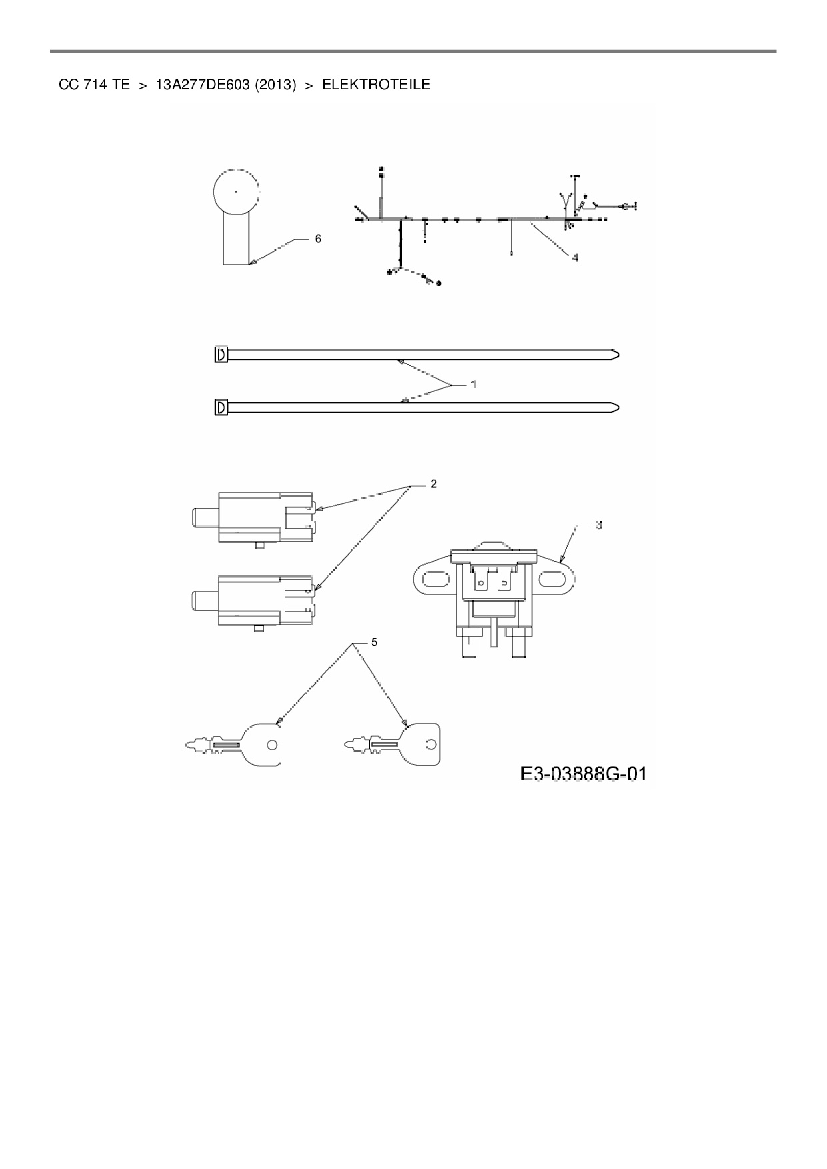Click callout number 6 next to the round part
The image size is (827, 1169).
point(318,239)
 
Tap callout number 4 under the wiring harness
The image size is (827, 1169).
point(574,257)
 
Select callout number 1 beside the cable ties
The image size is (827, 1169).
point(473,384)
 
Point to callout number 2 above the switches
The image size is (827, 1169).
point(433,483)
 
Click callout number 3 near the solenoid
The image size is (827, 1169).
point(599,525)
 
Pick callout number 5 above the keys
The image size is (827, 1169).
point(374,642)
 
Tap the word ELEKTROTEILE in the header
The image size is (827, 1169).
point(376,85)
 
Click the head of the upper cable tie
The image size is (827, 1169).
point(221,354)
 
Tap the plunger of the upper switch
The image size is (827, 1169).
point(203,517)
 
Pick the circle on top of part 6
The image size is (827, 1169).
point(236,191)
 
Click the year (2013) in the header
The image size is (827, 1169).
point(273,85)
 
